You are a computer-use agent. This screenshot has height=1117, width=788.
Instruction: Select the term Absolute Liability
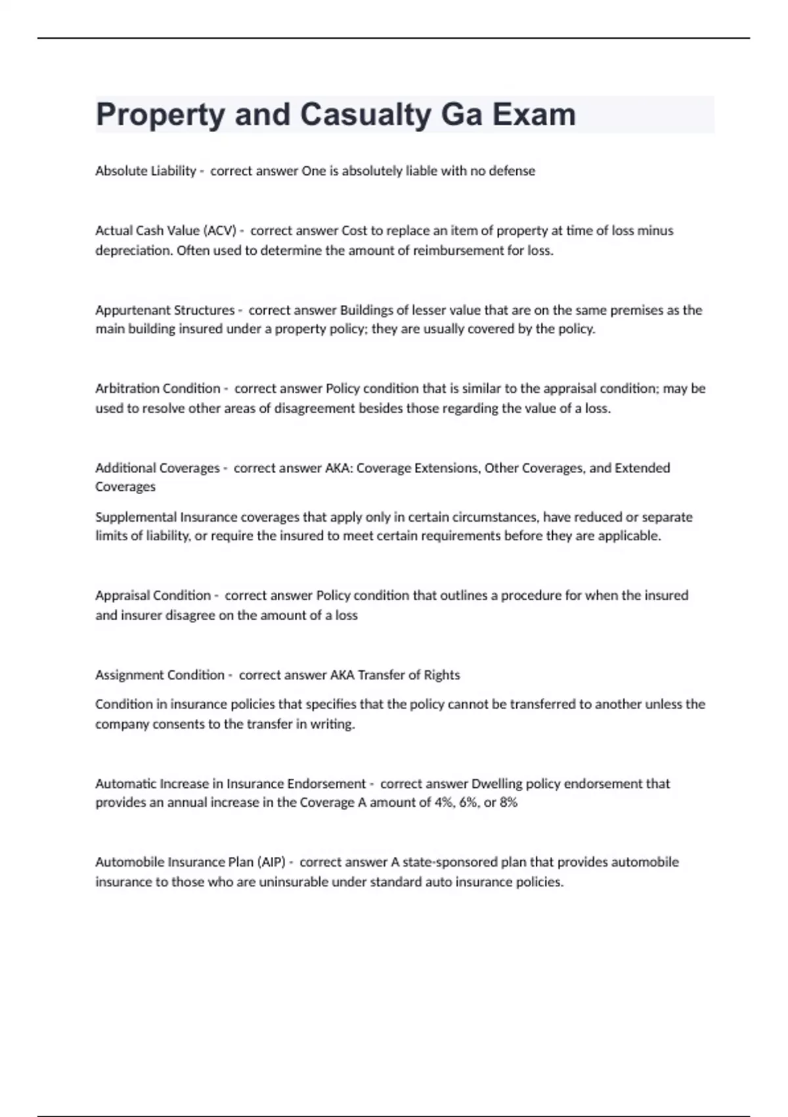point(145,171)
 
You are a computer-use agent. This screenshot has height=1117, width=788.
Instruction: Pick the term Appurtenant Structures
point(165,310)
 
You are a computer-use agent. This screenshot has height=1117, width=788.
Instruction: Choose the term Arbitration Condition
point(158,388)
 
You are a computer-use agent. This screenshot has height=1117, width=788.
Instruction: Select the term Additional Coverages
point(158,468)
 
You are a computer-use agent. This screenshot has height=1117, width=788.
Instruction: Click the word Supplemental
point(136,517)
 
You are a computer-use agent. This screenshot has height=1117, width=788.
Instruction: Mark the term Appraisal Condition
point(153,595)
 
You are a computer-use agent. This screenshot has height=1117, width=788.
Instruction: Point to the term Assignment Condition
point(160,675)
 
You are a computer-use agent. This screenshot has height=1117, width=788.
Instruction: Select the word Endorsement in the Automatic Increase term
point(326,783)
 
